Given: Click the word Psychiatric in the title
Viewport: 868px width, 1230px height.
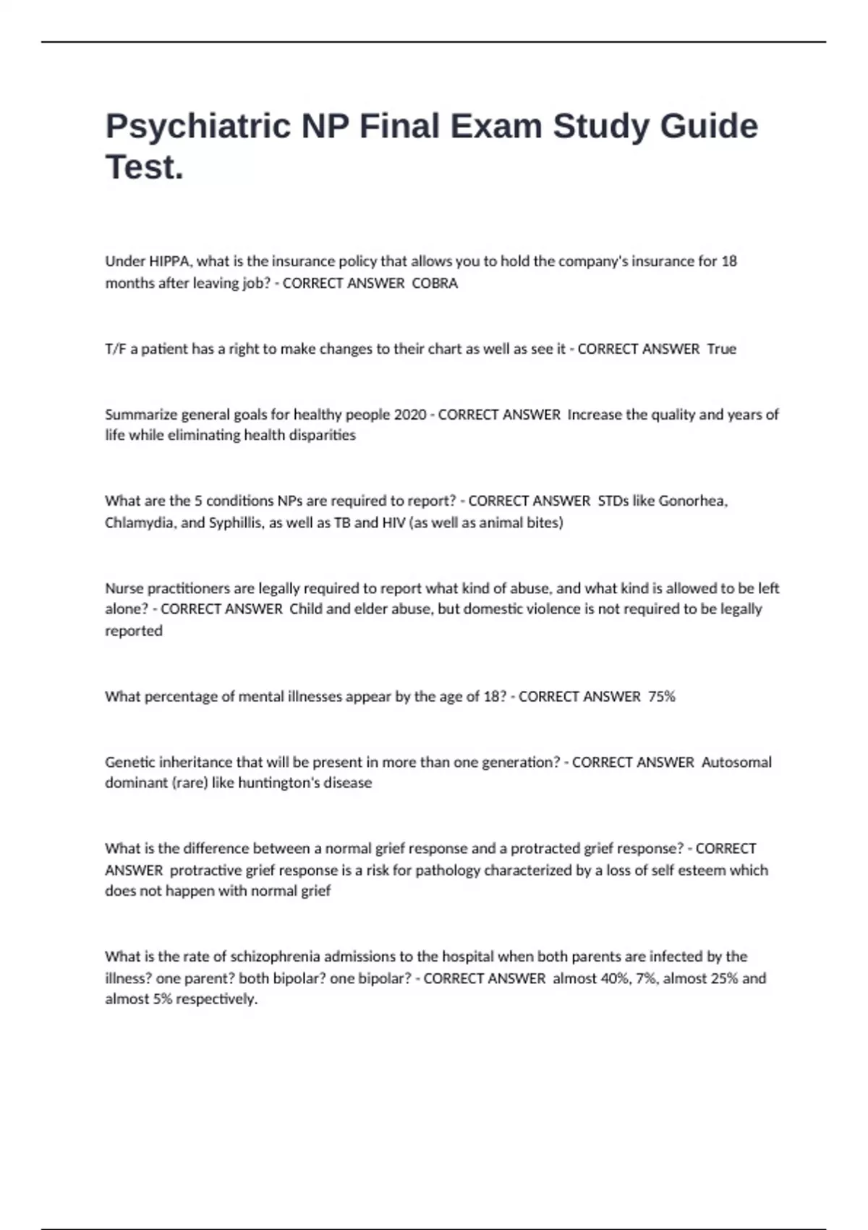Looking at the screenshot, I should pyautogui.click(x=197, y=127).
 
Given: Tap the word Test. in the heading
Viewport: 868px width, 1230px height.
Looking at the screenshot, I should pyautogui.click(x=145, y=168).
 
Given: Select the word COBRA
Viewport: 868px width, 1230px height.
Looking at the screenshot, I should pyautogui.click(x=435, y=284).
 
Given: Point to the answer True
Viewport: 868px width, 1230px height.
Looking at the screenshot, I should pyautogui.click(x=721, y=349).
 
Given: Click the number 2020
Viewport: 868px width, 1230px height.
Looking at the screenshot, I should pyautogui.click(x=410, y=415).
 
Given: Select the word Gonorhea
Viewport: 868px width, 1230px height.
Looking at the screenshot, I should pyautogui.click(x=693, y=501).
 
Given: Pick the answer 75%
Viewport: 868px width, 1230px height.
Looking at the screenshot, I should pyautogui.click(x=662, y=697).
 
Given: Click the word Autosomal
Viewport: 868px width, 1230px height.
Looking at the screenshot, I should pyautogui.click(x=736, y=762).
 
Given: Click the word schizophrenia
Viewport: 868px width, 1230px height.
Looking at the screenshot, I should pyautogui.click(x=276, y=957).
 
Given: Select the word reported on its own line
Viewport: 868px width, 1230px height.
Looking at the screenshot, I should pyautogui.click(x=134, y=631).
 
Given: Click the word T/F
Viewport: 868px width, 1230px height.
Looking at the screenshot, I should pyautogui.click(x=116, y=349).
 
